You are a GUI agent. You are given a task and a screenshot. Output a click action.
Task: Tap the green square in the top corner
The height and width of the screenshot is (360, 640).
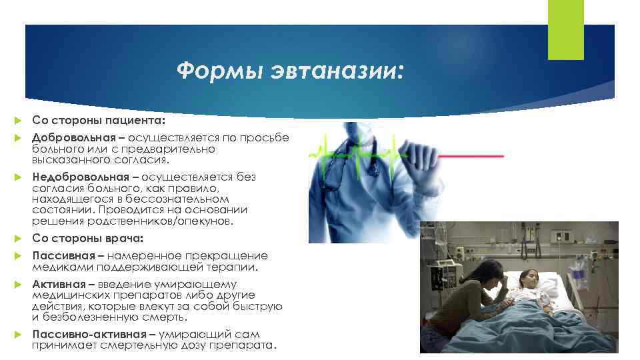click(565, 29)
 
